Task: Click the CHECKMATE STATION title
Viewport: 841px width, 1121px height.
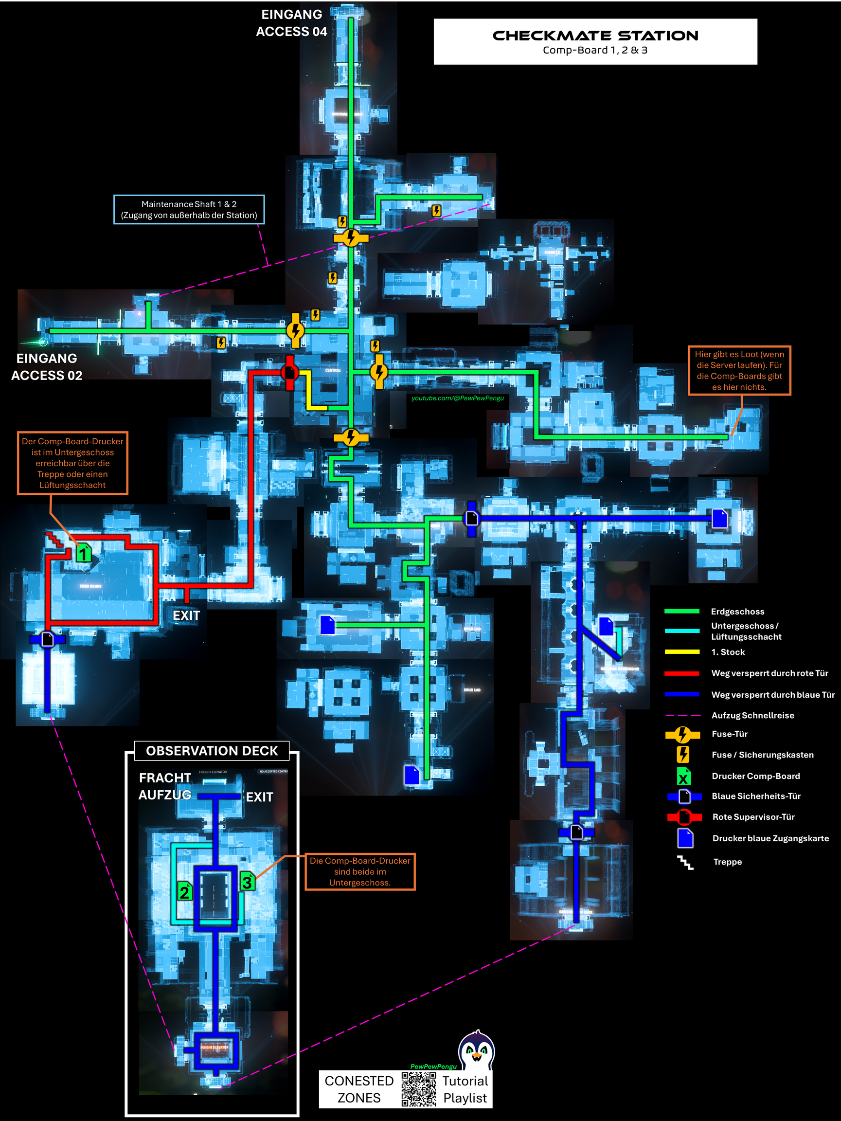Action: click(595, 36)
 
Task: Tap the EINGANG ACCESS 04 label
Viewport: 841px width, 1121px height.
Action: click(291, 23)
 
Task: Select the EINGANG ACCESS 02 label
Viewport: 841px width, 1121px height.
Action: click(47, 366)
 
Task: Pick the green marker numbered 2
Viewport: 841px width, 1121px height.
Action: click(184, 891)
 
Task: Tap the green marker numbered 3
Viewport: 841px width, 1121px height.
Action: click(247, 881)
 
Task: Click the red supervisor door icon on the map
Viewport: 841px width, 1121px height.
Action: click(289, 373)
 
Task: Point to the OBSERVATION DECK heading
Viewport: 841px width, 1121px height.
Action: click(212, 751)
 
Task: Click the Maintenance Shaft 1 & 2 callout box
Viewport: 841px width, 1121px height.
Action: click(189, 209)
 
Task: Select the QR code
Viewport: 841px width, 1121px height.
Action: click(418, 1088)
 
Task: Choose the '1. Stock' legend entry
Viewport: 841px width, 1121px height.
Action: click(728, 652)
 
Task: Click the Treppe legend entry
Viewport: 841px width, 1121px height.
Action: click(728, 862)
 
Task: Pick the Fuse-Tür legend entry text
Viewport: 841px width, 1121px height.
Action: click(730, 734)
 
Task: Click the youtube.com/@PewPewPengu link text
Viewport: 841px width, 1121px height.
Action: click(458, 398)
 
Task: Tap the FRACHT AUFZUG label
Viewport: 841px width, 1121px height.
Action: click(165, 786)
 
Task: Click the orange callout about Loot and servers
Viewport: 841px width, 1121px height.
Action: click(739, 370)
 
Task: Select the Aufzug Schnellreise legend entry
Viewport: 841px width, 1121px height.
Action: click(753, 715)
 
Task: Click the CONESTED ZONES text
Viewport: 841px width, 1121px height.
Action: click(358, 1089)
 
